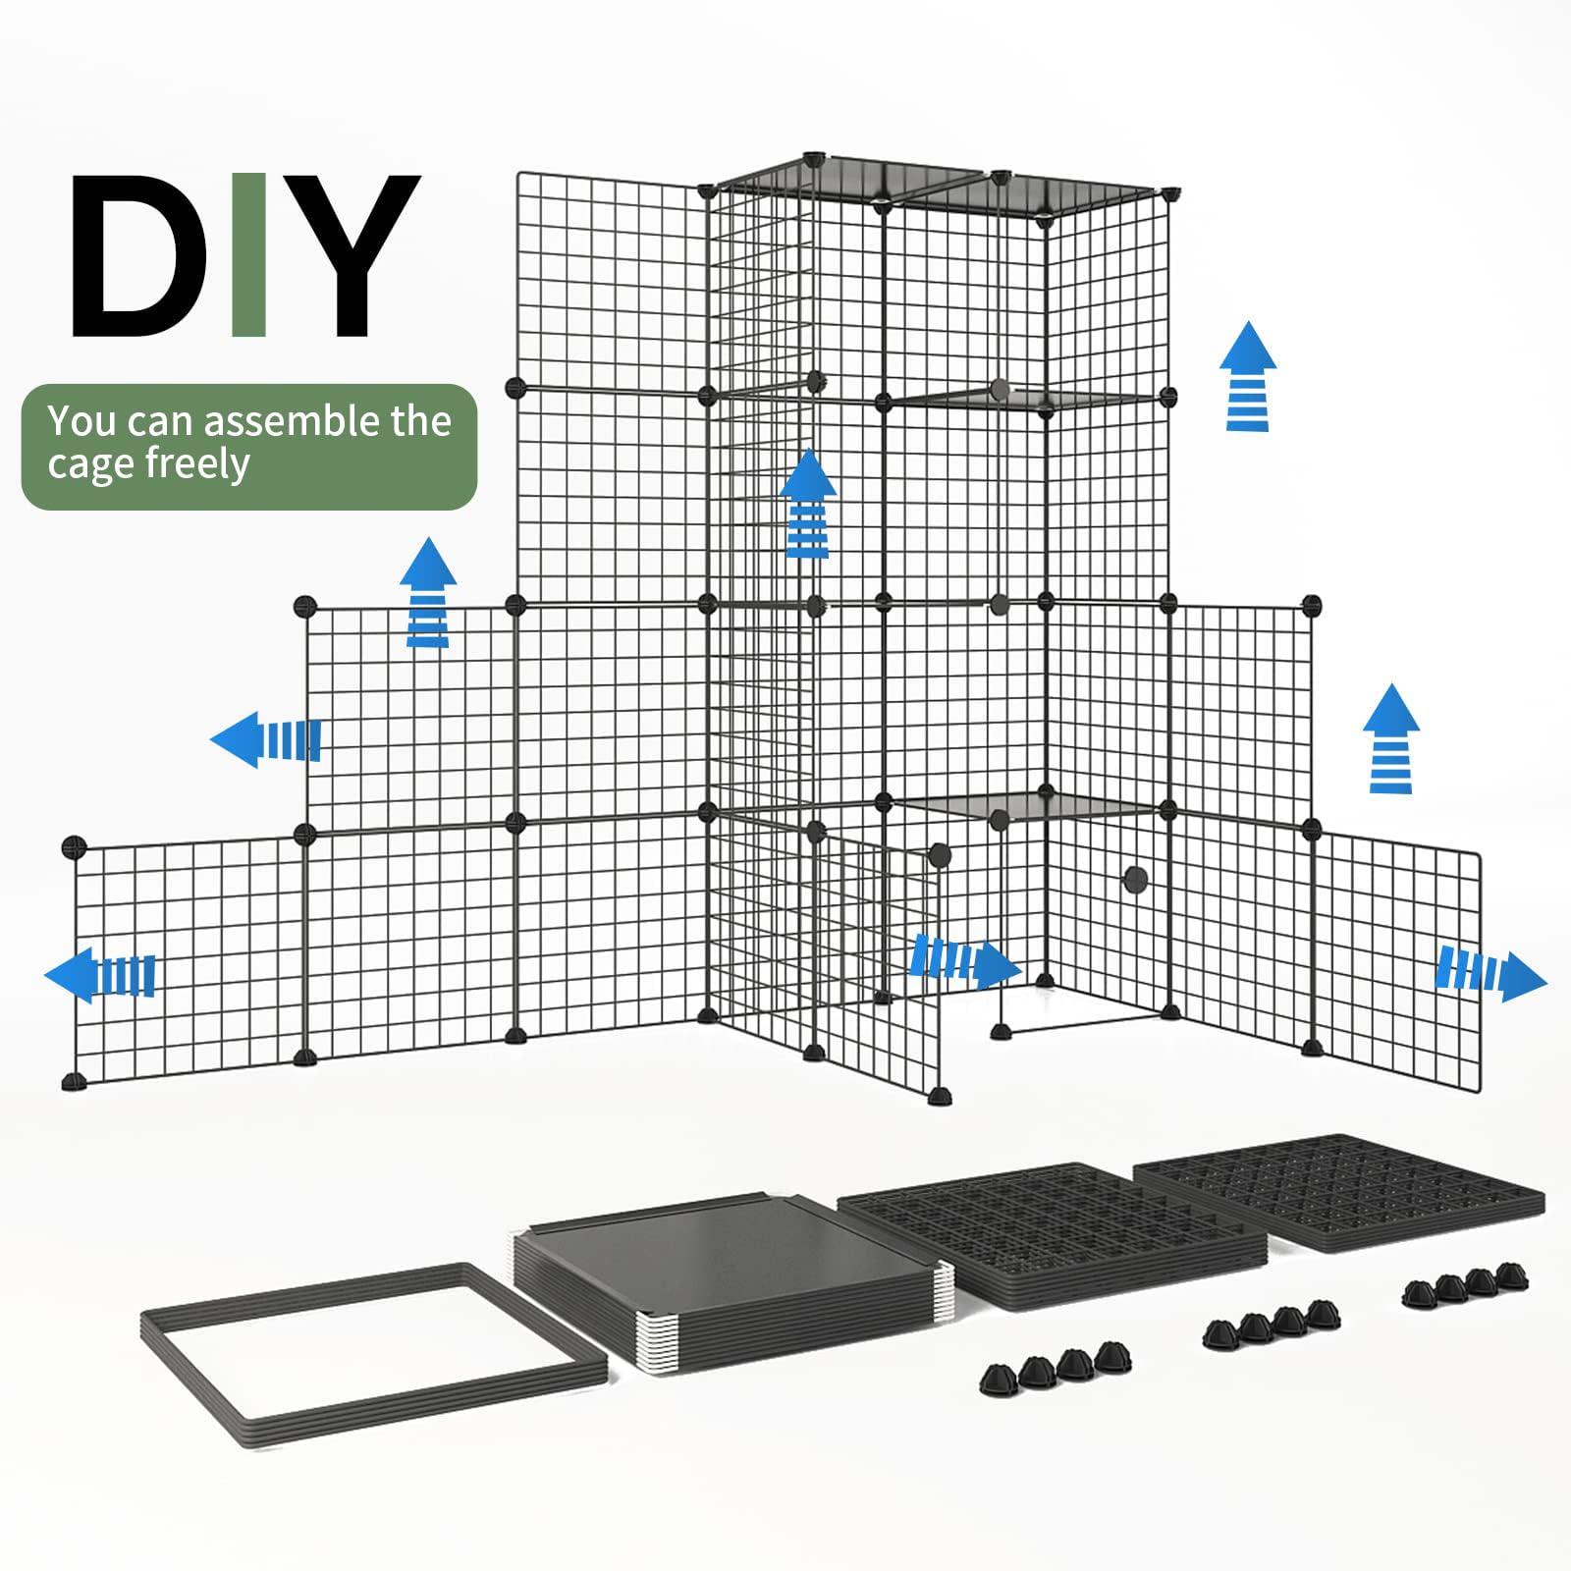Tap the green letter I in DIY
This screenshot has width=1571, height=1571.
coord(249,255)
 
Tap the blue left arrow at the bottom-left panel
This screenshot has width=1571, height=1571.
coord(101,975)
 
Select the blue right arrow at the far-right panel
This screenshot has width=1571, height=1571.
coord(1490,975)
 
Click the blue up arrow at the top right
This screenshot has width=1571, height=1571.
coord(1248,376)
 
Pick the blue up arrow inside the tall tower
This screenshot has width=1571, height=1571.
coord(808,504)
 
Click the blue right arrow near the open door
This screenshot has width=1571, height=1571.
coord(965,961)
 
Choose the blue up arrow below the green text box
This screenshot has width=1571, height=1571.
coord(428,592)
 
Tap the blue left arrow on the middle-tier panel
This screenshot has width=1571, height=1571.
coord(266,739)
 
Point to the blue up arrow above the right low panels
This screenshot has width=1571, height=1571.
coord(1391,738)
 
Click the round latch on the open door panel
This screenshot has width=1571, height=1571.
coord(940,854)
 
